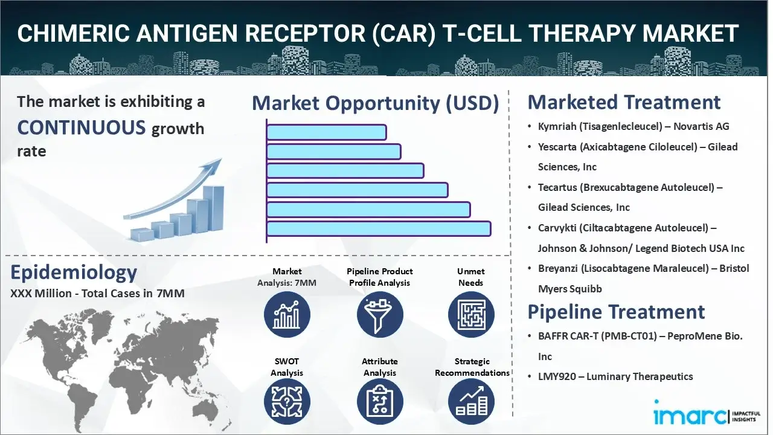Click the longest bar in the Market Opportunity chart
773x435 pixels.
pos(379,229)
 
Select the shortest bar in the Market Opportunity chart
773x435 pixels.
pos(327,132)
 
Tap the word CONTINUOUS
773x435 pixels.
pos(82,127)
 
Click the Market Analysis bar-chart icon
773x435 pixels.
pos(287,315)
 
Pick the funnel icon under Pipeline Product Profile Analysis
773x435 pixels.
pos(380,315)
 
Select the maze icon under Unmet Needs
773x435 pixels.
pos(472,315)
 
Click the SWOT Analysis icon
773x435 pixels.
pos(287,402)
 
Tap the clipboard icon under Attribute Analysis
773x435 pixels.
pos(380,402)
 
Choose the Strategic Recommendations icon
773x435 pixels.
pos(472,402)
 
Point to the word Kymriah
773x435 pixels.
pos(557,127)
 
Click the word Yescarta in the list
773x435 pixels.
pos(557,147)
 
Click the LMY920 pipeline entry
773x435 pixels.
pos(615,376)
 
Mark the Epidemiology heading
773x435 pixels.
pos(74,272)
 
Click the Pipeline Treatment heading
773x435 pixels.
pos(616,312)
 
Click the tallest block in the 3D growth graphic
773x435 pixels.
pos(213,209)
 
